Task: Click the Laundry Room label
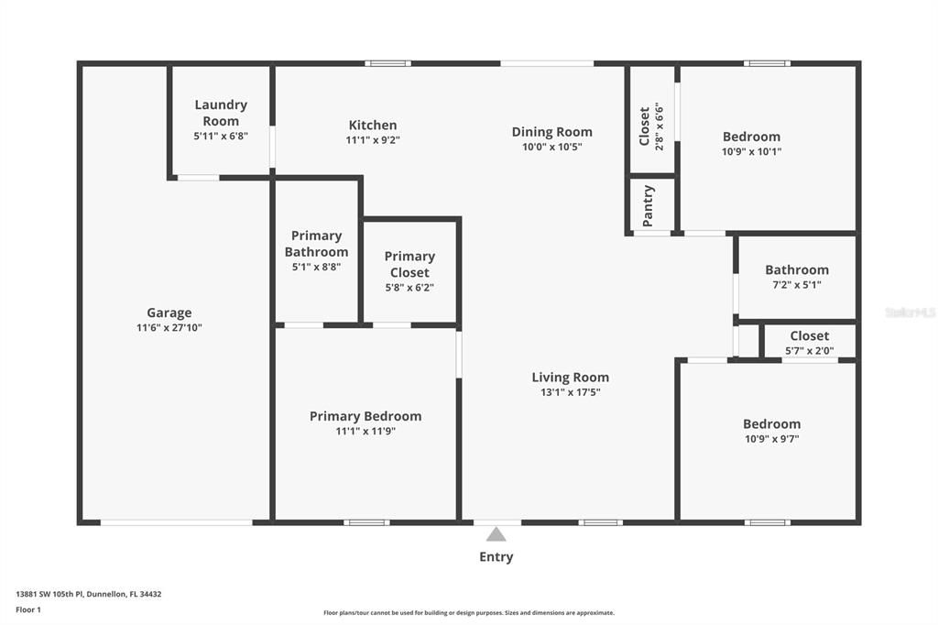coord(221,113)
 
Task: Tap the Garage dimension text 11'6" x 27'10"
coord(169,328)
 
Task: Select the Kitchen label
coord(373,126)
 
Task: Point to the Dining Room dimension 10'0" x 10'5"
coord(551,147)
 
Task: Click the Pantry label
coord(649,205)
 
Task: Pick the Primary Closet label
coord(409,264)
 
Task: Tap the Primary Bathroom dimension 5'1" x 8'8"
coord(316,268)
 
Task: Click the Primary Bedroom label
coord(365,416)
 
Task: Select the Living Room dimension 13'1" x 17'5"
coord(570,392)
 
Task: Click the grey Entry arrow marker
coord(496,534)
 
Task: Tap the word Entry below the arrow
coord(496,557)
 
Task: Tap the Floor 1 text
coord(28,609)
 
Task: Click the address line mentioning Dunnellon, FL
coord(88,594)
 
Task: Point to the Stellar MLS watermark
coord(911,312)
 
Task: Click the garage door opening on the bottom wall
coord(176,522)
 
